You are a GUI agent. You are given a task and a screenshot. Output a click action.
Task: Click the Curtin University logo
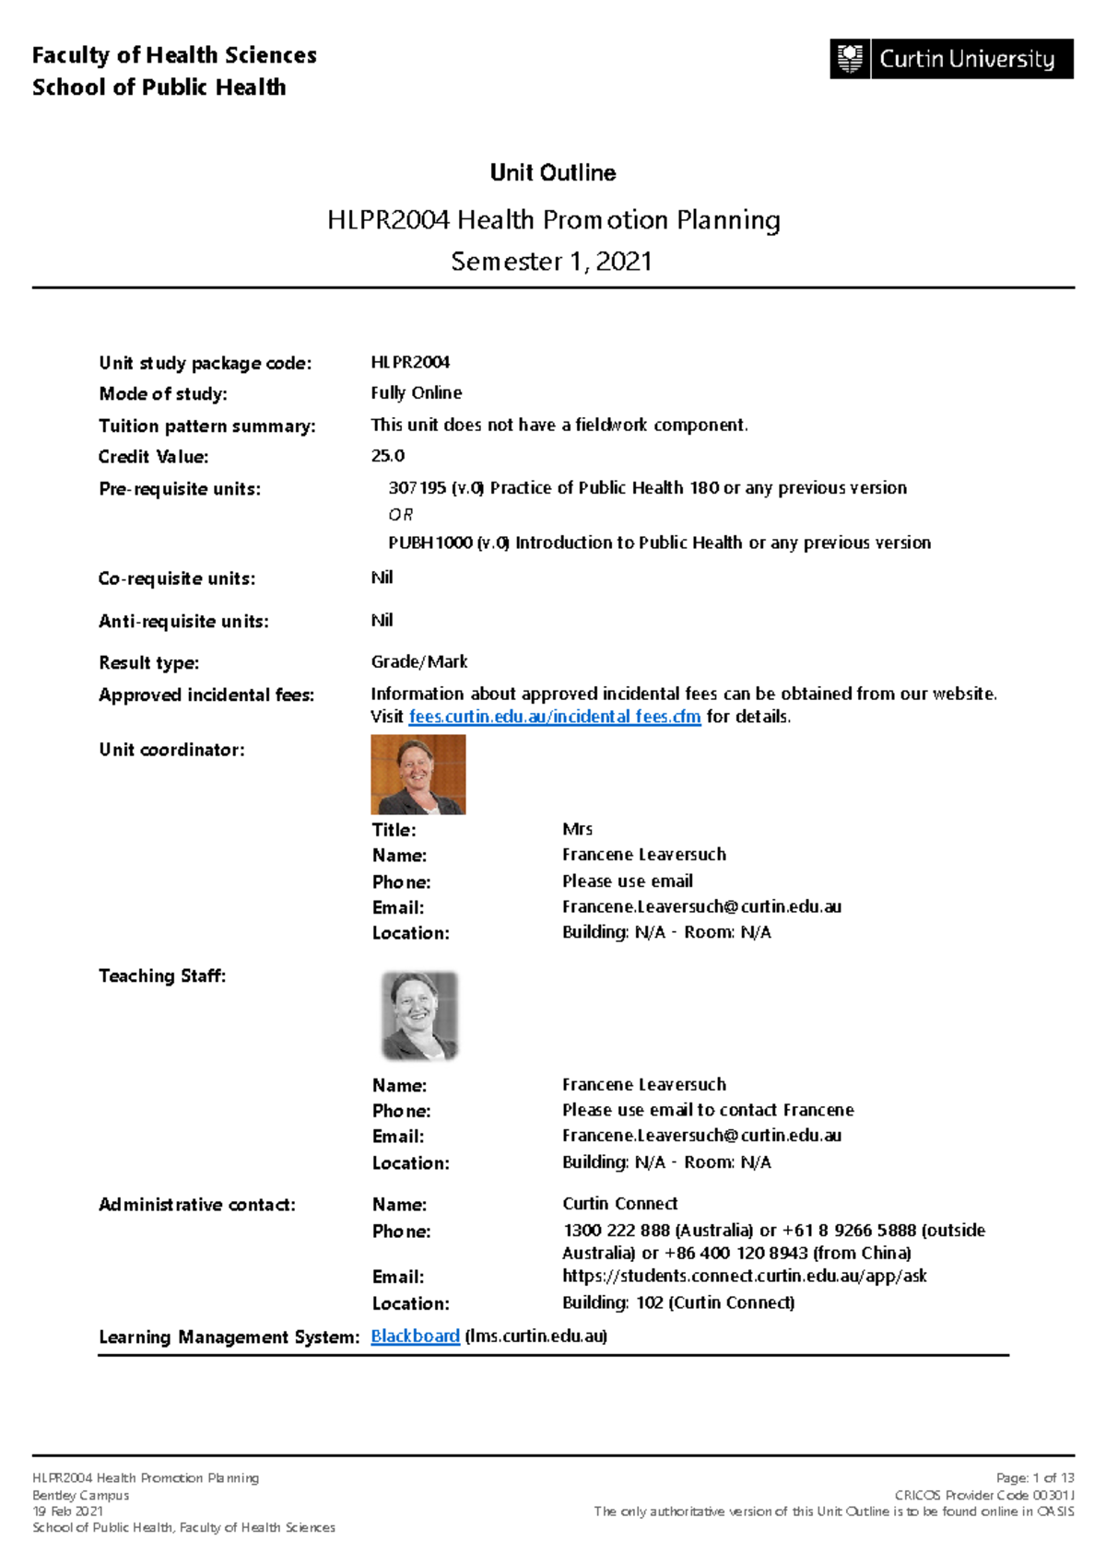click(x=950, y=59)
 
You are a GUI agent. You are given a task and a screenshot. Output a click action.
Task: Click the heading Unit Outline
click(x=552, y=173)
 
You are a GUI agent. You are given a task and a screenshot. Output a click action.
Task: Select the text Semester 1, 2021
click(x=551, y=262)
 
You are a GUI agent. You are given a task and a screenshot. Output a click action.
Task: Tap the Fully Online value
click(x=416, y=393)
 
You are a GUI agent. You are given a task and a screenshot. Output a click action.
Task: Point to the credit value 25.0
click(x=387, y=456)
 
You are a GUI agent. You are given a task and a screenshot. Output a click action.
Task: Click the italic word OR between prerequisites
click(x=400, y=515)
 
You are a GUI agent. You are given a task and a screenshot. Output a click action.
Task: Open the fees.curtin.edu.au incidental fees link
click(x=554, y=717)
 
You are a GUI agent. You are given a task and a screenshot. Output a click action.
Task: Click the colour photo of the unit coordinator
click(x=418, y=774)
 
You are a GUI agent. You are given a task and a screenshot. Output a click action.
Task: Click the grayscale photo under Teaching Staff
click(x=419, y=1015)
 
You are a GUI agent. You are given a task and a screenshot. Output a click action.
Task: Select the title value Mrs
click(x=577, y=829)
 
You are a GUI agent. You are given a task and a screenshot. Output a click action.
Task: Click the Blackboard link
click(x=415, y=1336)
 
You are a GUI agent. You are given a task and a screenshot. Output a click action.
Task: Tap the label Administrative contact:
click(x=196, y=1205)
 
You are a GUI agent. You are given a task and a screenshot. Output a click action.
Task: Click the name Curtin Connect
click(x=619, y=1204)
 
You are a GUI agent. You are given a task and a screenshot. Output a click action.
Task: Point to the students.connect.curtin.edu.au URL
click(x=744, y=1276)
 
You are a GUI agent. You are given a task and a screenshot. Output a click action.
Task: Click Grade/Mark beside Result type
click(x=418, y=662)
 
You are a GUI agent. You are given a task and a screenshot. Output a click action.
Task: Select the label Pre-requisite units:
click(x=179, y=489)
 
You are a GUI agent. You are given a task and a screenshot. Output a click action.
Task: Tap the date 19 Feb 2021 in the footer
click(x=67, y=1511)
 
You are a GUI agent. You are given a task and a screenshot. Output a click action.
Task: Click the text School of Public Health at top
click(x=159, y=88)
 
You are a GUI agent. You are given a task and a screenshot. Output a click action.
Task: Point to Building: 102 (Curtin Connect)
click(x=677, y=1302)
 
